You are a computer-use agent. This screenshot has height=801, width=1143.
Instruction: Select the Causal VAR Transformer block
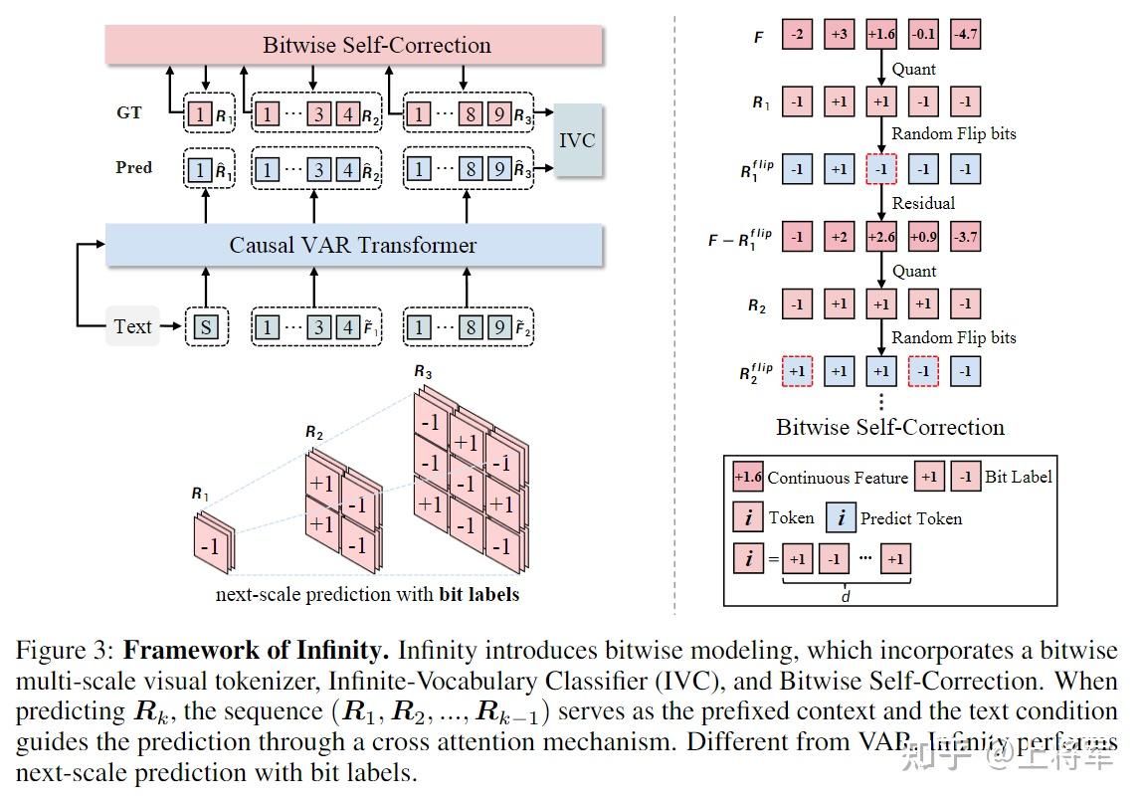(x=354, y=245)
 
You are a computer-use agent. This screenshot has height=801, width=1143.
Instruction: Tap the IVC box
(x=577, y=139)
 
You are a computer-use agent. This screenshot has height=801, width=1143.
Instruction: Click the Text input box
(x=132, y=326)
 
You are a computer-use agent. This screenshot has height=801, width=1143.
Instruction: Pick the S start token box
(x=206, y=327)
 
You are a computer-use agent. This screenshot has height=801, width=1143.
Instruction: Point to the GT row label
(x=129, y=112)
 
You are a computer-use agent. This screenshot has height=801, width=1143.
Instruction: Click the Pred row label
(x=133, y=167)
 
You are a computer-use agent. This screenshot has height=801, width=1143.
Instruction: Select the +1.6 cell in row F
(x=881, y=36)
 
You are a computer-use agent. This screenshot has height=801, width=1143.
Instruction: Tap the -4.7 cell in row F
(x=965, y=36)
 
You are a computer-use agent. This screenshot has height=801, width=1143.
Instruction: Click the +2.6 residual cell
(x=881, y=238)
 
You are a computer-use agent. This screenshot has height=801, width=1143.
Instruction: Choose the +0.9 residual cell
(x=923, y=238)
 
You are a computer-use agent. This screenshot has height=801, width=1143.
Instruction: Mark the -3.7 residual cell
(x=965, y=238)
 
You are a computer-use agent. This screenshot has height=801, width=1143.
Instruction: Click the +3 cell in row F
(x=839, y=36)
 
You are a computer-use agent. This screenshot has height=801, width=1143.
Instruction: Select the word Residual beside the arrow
(x=923, y=203)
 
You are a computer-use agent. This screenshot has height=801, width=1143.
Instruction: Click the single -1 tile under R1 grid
(x=210, y=546)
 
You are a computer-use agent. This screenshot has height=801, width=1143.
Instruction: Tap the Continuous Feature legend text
(x=838, y=478)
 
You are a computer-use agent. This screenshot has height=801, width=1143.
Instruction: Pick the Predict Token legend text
(x=910, y=517)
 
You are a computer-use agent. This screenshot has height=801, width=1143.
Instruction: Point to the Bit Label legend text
(x=1018, y=477)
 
